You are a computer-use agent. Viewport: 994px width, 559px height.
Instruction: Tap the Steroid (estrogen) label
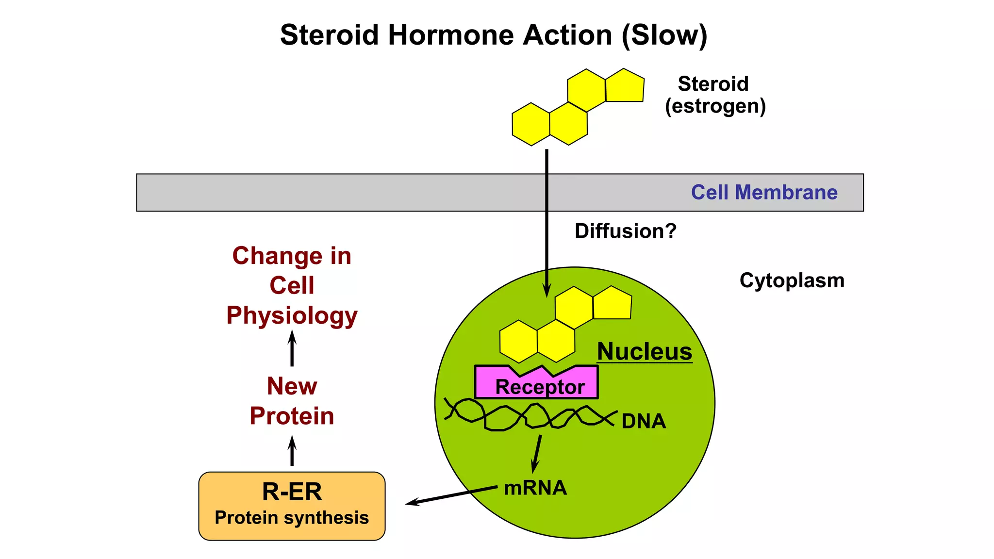(714, 95)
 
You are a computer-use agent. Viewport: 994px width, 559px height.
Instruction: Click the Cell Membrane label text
(764, 192)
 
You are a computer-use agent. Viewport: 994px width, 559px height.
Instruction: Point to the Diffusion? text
(625, 231)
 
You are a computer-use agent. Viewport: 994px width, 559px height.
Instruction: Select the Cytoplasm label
(792, 280)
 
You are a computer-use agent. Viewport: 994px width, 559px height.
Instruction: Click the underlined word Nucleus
(644, 351)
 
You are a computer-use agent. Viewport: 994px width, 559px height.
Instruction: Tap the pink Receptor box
(539, 386)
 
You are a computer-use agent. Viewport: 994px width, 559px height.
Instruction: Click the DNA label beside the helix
(644, 421)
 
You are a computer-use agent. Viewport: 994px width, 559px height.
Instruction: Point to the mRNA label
(535, 488)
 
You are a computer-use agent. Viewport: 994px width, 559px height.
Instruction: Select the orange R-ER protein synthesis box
(292, 506)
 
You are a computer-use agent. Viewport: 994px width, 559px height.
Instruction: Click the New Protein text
(292, 401)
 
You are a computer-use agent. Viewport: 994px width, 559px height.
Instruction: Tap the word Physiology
(292, 315)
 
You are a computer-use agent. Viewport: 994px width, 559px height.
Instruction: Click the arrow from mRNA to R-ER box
(451, 495)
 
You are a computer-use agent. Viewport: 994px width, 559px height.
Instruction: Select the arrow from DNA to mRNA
(537, 453)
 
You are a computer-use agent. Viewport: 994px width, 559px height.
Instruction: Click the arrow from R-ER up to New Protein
(292, 451)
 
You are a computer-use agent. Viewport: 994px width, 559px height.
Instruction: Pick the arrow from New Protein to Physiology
(292, 348)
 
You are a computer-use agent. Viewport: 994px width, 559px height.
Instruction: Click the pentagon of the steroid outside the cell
(625, 86)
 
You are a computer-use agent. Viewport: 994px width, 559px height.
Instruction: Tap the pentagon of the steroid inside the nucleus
(612, 304)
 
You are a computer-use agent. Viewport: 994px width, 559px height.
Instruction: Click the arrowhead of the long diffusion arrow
(547, 291)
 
